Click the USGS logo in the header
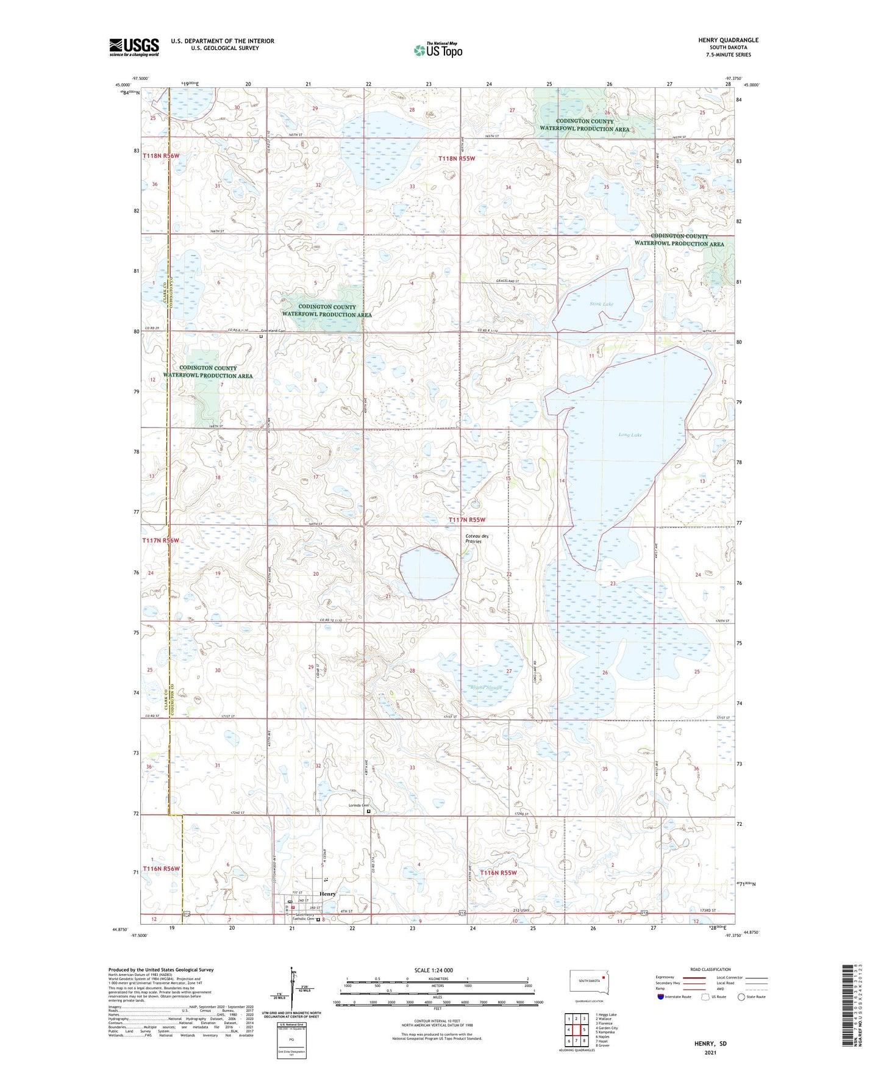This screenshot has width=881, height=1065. click(134, 46)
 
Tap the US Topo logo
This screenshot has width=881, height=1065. click(437, 50)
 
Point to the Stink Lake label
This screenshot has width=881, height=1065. click(601, 304)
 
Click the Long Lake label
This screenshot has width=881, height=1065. click(630, 435)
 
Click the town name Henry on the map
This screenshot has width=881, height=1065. click(327, 894)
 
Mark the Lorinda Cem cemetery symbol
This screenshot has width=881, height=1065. click(368, 812)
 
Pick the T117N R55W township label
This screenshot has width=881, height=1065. click(466, 520)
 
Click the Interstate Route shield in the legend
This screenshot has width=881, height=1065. click(662, 997)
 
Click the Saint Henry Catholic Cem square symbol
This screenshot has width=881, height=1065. click(318, 920)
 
